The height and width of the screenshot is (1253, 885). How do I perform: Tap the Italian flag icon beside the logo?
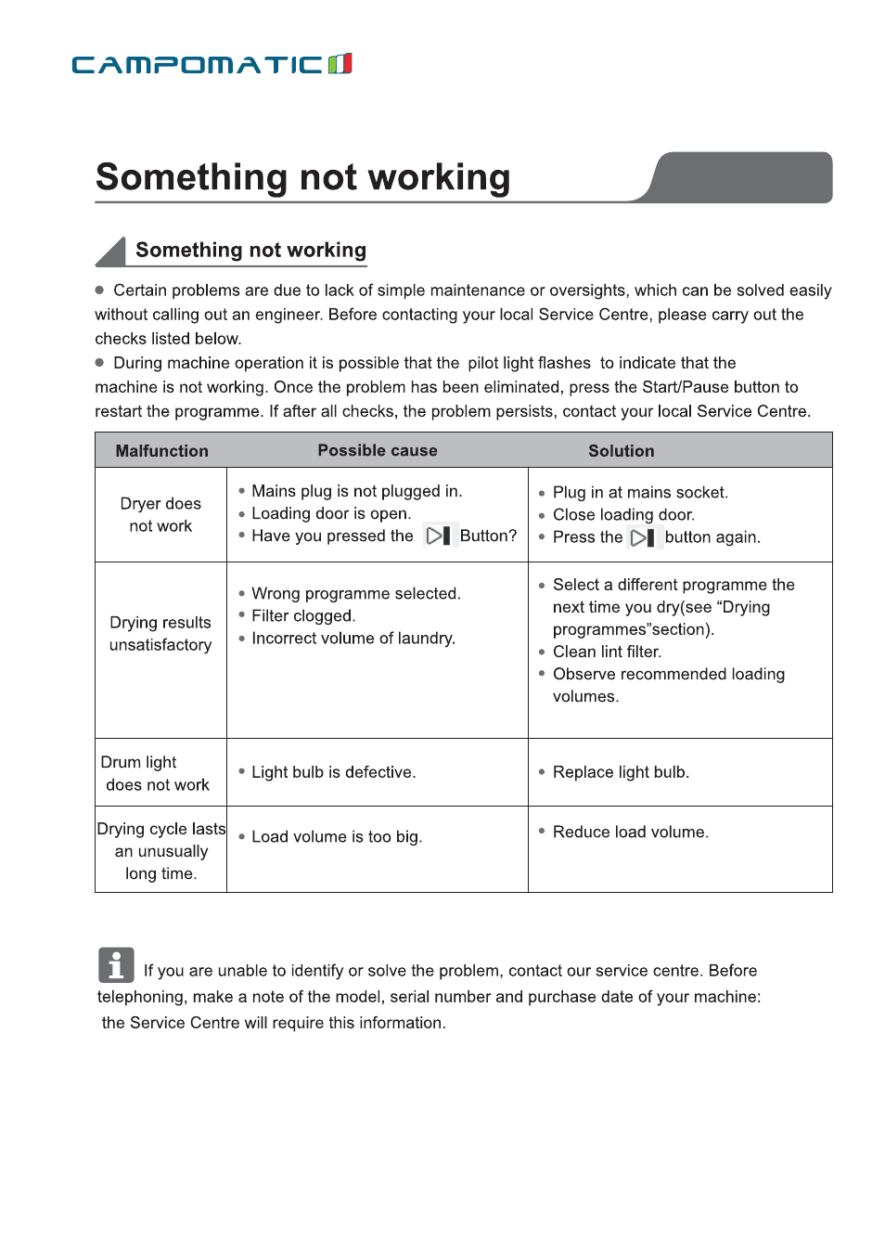pos(340,63)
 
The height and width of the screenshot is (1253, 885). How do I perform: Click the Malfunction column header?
pos(161,451)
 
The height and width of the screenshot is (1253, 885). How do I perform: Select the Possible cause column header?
pos(378,450)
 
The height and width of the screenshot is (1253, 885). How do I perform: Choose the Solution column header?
pos(621,451)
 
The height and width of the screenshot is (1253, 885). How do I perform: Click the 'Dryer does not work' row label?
pos(160,515)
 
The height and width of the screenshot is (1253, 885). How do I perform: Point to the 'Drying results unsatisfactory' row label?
pos(160,634)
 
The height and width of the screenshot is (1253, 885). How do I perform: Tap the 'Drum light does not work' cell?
pos(157,773)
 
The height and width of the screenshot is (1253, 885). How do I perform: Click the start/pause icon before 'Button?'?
pos(438,536)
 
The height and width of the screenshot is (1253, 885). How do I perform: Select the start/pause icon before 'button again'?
pos(643,537)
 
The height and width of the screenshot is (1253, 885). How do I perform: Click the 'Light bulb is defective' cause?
pos(333,772)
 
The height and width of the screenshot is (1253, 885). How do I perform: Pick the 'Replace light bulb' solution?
pos(621,772)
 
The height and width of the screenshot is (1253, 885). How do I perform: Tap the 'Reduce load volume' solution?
pos(630,833)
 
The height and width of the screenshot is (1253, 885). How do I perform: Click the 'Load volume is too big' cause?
pos(337,837)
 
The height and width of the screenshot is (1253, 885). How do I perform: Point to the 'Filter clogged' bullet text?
pos(303,616)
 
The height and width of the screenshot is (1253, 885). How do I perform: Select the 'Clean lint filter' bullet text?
pos(607,652)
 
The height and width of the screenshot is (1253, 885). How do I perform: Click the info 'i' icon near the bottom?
pos(116,965)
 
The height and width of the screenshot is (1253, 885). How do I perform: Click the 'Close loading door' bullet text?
pos(623,515)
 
